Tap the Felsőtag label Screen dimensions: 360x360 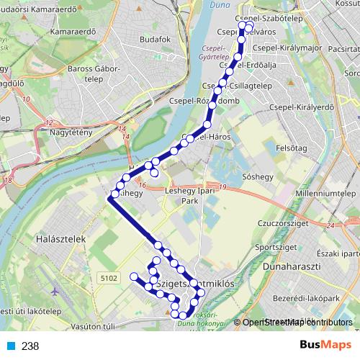point(291,148)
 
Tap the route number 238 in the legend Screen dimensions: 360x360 point(30,346)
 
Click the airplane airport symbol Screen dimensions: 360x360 point(57,292)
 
